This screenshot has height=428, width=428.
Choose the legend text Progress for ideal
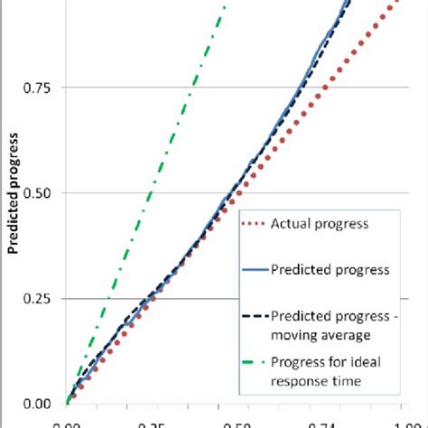[320, 363]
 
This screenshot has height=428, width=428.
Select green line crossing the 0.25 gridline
[109, 299]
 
